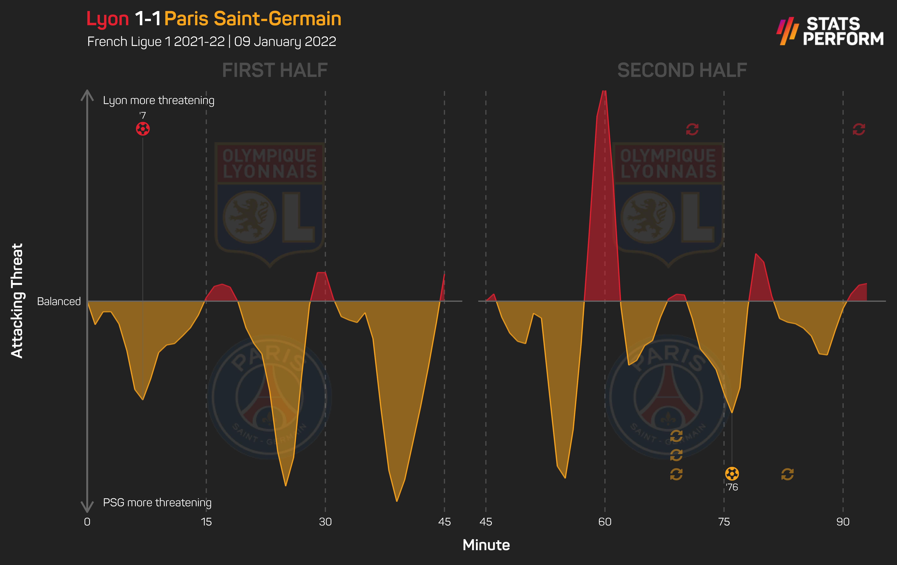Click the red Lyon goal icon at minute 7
143,129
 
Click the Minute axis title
486,545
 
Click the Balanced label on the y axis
59,301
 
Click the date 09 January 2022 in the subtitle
285,41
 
